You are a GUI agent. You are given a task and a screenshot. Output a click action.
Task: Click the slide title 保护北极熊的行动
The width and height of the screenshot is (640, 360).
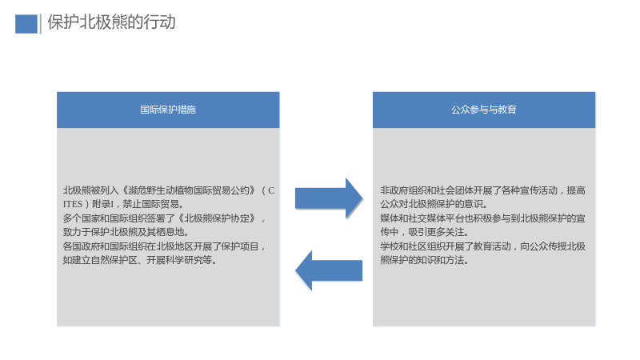(111, 22)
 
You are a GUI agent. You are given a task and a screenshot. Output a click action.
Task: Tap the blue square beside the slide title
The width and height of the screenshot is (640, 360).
(26, 24)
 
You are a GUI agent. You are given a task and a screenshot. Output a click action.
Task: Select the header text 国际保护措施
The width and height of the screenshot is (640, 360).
(168, 110)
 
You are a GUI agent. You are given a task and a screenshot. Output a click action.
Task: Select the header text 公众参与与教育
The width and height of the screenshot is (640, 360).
(484, 110)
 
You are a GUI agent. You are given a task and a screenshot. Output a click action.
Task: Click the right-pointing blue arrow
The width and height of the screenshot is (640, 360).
(329, 198)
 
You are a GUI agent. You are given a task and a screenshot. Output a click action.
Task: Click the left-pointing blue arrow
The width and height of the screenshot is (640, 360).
(329, 270)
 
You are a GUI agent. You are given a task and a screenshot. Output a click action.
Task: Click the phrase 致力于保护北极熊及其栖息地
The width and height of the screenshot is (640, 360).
(123, 232)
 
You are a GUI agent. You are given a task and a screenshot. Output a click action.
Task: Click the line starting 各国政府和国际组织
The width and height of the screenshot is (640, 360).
(165, 246)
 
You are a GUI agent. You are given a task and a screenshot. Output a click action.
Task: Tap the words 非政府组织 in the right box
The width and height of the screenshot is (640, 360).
(404, 190)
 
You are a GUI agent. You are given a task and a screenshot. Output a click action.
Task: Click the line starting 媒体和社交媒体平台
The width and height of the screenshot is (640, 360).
(483, 218)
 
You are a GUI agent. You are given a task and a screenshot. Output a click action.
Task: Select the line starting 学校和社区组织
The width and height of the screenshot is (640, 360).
(483, 246)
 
